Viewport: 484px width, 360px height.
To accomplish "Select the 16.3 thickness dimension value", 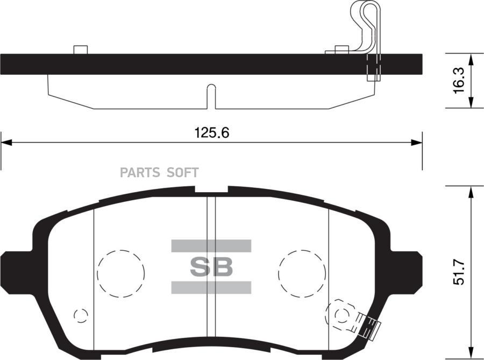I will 458,81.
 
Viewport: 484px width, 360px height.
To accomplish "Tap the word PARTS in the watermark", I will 140,173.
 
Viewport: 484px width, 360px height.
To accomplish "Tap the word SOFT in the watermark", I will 182,173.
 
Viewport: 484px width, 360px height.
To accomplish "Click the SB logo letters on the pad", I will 211,267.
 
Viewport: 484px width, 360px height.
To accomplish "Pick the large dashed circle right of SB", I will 302,274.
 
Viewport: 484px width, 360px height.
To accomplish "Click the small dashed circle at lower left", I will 81,315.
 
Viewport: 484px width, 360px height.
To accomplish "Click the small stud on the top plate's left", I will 80,50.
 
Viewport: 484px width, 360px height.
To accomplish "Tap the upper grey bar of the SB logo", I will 211,246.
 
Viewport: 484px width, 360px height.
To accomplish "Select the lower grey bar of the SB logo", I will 211,287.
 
